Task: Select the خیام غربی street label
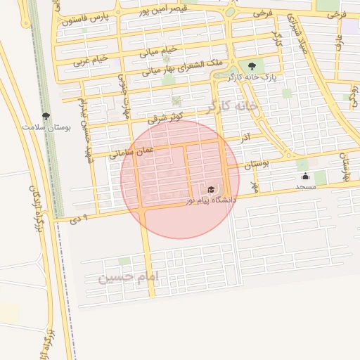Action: pos(91,60)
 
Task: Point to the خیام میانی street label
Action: pos(160,51)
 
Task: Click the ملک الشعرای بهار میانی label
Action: pos(182,67)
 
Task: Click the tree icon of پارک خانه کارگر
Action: pos(252,65)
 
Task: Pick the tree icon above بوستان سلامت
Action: pos(46,115)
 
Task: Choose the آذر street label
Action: pos(246,134)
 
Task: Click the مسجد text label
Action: pos(305,186)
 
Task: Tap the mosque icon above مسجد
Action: pos(305,176)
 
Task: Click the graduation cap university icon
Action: pos(211,189)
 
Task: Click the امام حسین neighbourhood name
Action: pos(129,277)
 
